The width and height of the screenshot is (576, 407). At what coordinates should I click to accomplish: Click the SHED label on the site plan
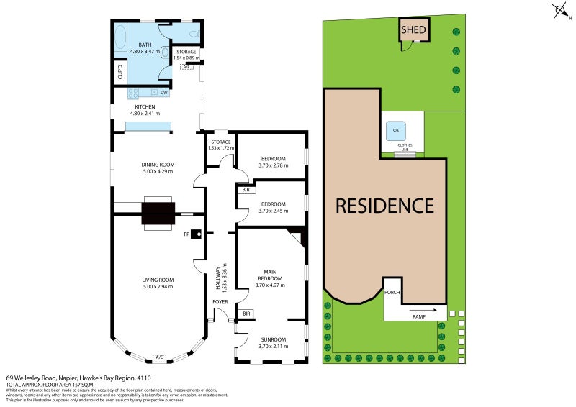click(414, 30)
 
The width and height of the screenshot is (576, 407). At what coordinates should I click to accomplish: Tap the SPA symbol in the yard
click(395, 132)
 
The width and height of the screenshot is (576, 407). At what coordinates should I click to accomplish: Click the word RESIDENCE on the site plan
click(385, 206)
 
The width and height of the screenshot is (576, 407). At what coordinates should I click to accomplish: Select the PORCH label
click(392, 292)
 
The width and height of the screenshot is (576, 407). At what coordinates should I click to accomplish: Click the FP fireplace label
click(186, 234)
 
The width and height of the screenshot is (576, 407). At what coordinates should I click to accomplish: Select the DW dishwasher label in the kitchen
click(164, 93)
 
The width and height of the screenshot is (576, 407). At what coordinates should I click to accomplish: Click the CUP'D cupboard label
click(120, 72)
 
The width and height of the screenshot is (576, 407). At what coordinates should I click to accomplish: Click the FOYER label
click(219, 301)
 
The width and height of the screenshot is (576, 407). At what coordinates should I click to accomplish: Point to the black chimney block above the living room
click(158, 214)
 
